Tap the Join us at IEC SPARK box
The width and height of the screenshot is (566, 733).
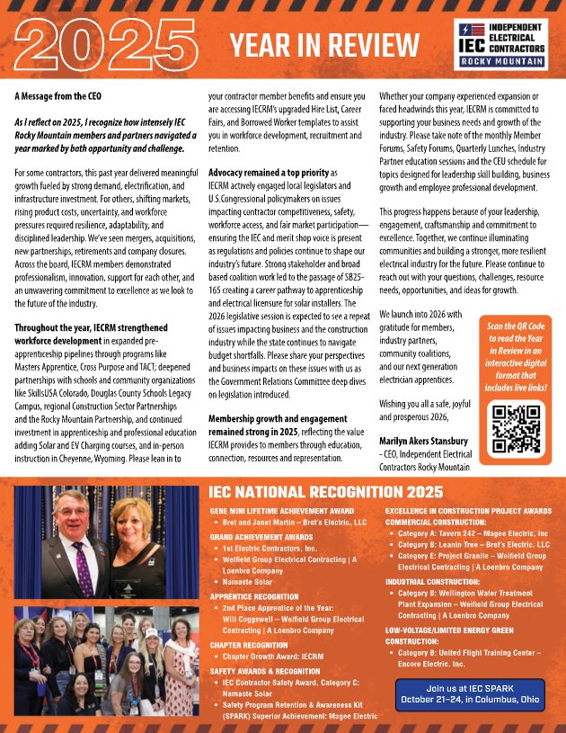click(x=469, y=694)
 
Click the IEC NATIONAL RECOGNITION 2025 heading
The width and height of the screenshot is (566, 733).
click(x=324, y=492)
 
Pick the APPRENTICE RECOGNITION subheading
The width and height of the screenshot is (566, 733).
click(x=255, y=595)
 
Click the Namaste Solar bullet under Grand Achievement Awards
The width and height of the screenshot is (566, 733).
click(x=250, y=582)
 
